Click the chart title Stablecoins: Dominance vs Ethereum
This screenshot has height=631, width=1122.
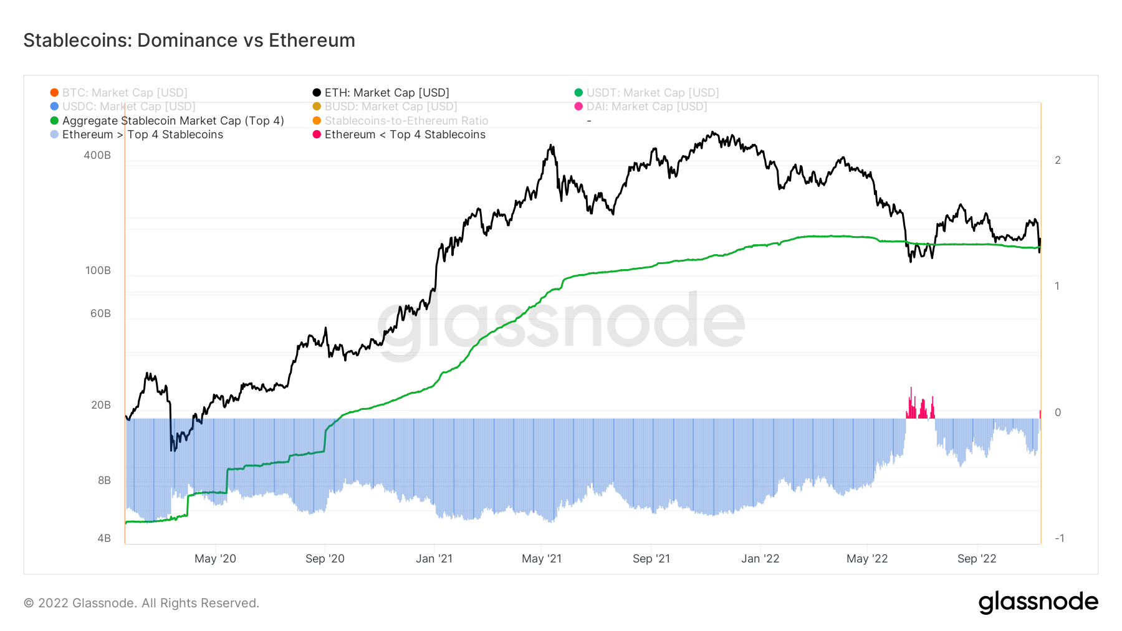pyautogui.click(x=189, y=40)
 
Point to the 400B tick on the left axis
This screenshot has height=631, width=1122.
pyautogui.click(x=97, y=155)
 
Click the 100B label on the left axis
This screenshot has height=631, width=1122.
pyautogui.click(x=98, y=270)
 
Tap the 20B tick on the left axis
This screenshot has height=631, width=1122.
pyautogui.click(x=100, y=405)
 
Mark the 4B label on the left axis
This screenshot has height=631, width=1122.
pyautogui.click(x=104, y=538)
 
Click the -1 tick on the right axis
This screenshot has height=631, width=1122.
pyautogui.click(x=1059, y=538)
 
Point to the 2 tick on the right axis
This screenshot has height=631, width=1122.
pyautogui.click(x=1058, y=160)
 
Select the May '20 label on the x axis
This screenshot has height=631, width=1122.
pyautogui.click(x=215, y=559)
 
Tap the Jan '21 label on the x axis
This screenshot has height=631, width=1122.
pyautogui.click(x=434, y=559)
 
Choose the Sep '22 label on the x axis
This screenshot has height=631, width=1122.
pyautogui.click(x=977, y=559)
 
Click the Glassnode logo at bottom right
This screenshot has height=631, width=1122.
pyautogui.click(x=1038, y=602)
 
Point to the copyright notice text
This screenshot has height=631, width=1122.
pyautogui.click(x=141, y=603)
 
